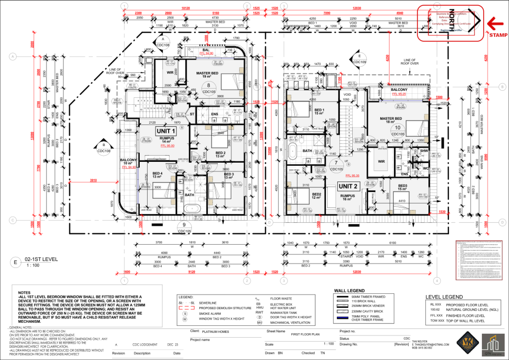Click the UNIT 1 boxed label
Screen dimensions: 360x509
click(166, 131)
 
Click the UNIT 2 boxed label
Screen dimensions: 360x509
click(348, 186)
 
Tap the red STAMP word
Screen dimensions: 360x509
click(498, 35)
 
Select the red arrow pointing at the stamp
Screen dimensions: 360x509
click(495, 23)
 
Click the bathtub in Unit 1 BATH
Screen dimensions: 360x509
click(192, 209)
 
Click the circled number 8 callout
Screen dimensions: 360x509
click(208, 85)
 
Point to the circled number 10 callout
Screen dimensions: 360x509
click(397, 128)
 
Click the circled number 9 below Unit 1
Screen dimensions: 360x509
click(184, 225)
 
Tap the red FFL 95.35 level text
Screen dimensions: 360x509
click(352, 176)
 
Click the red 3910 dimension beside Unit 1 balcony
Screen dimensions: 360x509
click(93, 180)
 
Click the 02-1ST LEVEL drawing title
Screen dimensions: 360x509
click(41, 259)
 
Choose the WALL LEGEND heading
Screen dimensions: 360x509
click(349, 291)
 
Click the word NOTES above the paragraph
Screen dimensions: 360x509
click(24, 293)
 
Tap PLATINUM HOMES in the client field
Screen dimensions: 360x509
click(215, 332)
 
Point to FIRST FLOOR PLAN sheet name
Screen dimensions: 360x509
click(305, 334)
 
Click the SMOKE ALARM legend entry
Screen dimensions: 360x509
click(210, 313)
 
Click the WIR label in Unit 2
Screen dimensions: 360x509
click(381, 162)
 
